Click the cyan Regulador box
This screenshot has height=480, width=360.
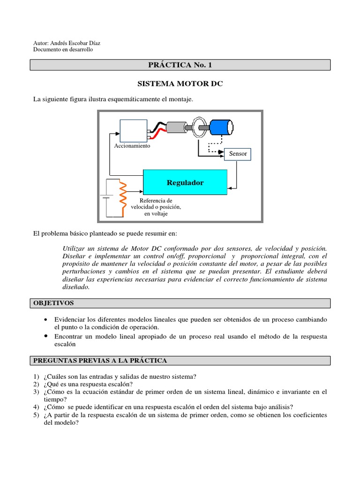(x=185, y=182)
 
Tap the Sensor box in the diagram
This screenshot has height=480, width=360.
(x=238, y=154)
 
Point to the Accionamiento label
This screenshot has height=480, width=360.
(x=132, y=146)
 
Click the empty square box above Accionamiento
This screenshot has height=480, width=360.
(x=134, y=130)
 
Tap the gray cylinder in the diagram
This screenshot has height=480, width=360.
(x=176, y=127)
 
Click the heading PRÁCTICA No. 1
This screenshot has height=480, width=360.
(x=180, y=65)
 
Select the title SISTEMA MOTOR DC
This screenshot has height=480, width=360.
(x=180, y=84)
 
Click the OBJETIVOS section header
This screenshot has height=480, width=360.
(x=54, y=303)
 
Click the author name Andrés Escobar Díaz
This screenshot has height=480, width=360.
(x=75, y=43)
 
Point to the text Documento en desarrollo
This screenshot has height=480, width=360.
(x=63, y=50)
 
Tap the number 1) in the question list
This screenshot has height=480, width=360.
(x=36, y=376)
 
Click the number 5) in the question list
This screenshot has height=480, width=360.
(x=36, y=415)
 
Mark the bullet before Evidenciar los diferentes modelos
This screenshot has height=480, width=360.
(x=45, y=319)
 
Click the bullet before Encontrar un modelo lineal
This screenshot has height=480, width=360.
(x=45, y=336)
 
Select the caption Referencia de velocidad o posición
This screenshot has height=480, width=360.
(x=156, y=203)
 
